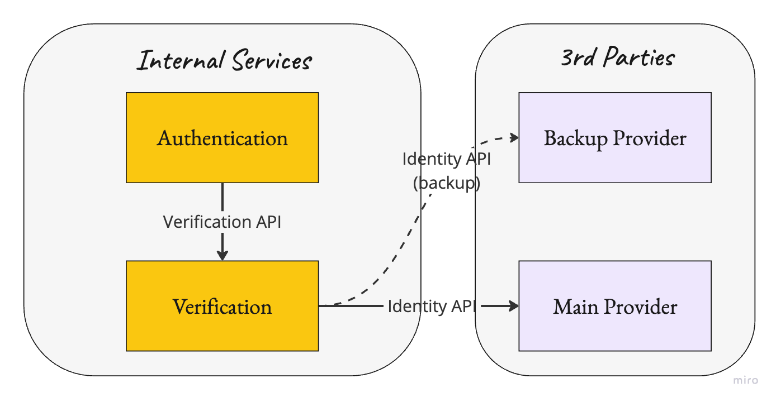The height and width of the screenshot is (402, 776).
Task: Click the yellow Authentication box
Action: (x=222, y=137)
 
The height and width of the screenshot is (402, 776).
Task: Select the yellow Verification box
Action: (x=222, y=306)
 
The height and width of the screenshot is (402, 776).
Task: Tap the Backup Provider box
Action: (x=615, y=137)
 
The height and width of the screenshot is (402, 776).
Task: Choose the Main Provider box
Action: (x=615, y=306)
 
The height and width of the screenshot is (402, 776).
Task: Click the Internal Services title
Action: (x=225, y=60)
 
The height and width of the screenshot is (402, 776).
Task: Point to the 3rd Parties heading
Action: (x=618, y=57)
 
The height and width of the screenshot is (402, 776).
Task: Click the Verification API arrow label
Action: (x=222, y=222)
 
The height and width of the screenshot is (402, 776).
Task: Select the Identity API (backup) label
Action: (x=447, y=171)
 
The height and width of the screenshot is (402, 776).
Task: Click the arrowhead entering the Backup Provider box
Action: (x=514, y=138)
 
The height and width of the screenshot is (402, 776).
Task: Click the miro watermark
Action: (x=745, y=380)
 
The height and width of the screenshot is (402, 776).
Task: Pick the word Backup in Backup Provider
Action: (x=575, y=138)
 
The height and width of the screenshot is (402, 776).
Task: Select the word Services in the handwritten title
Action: (x=272, y=60)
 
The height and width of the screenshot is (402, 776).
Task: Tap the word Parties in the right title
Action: (x=639, y=57)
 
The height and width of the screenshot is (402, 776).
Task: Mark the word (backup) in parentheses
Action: (x=447, y=183)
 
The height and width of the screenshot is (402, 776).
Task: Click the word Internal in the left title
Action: (x=181, y=60)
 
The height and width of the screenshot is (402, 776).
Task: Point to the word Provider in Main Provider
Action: (x=641, y=307)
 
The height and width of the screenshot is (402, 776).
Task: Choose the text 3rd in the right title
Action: (x=579, y=58)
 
